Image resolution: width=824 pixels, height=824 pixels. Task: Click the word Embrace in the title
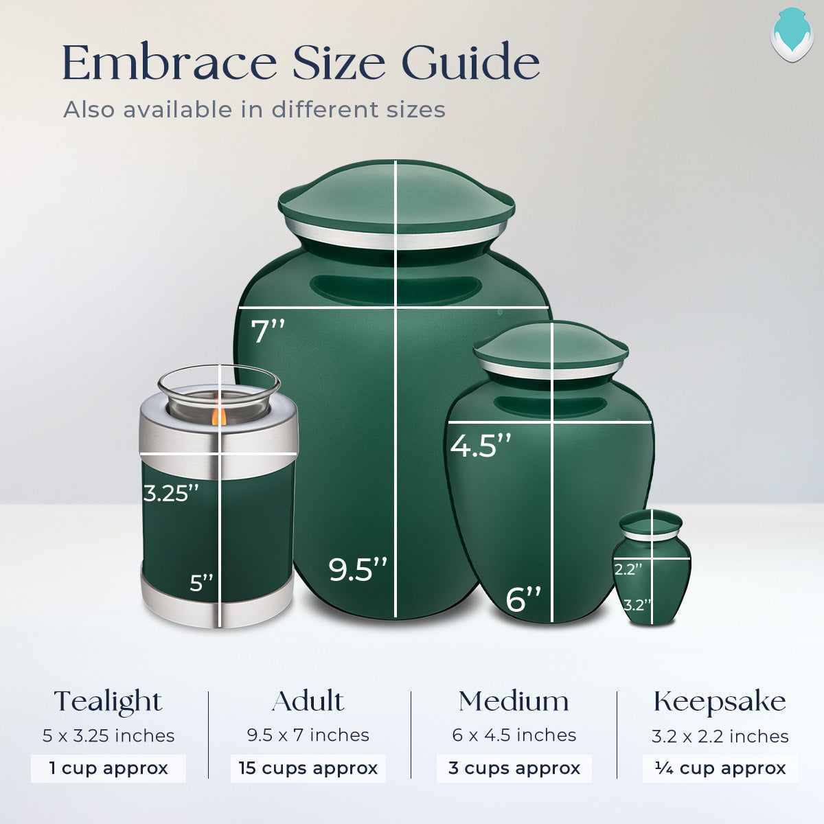169,63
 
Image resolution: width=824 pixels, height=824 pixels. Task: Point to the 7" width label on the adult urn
267,332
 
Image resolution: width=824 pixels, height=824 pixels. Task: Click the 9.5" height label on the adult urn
358,569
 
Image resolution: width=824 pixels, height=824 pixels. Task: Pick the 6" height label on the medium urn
523,599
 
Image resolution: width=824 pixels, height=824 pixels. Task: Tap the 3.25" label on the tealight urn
171,493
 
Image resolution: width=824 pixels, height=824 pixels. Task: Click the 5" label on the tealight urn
202,583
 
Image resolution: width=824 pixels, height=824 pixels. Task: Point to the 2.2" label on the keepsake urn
628,569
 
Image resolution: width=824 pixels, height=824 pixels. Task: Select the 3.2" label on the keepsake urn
637,605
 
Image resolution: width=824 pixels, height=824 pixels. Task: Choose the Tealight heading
108,701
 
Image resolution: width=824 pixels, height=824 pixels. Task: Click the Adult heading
308,701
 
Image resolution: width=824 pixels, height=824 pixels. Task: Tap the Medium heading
514,701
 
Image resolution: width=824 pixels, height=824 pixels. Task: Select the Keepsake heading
720,701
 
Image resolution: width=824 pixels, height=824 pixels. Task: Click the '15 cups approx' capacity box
308,768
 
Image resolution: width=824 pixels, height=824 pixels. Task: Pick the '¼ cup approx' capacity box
720,768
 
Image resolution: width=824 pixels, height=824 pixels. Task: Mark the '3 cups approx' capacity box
514,768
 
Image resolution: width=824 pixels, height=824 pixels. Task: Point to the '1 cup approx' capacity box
108,768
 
